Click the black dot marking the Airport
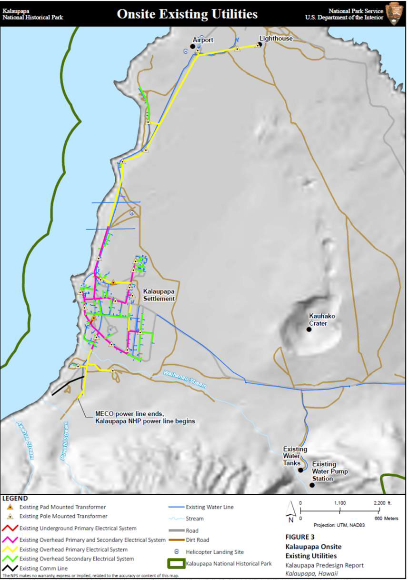193,46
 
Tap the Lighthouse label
276,38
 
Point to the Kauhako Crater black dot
309,329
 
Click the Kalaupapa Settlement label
160,295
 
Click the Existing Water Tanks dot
300,470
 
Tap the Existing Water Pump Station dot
312,485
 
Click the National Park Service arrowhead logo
395,13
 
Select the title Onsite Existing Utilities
187,14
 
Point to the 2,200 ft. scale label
383,503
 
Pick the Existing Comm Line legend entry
43,569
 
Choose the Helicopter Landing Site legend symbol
176,552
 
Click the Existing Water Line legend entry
209,507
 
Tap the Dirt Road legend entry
197,540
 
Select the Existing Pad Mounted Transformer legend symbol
10,507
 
